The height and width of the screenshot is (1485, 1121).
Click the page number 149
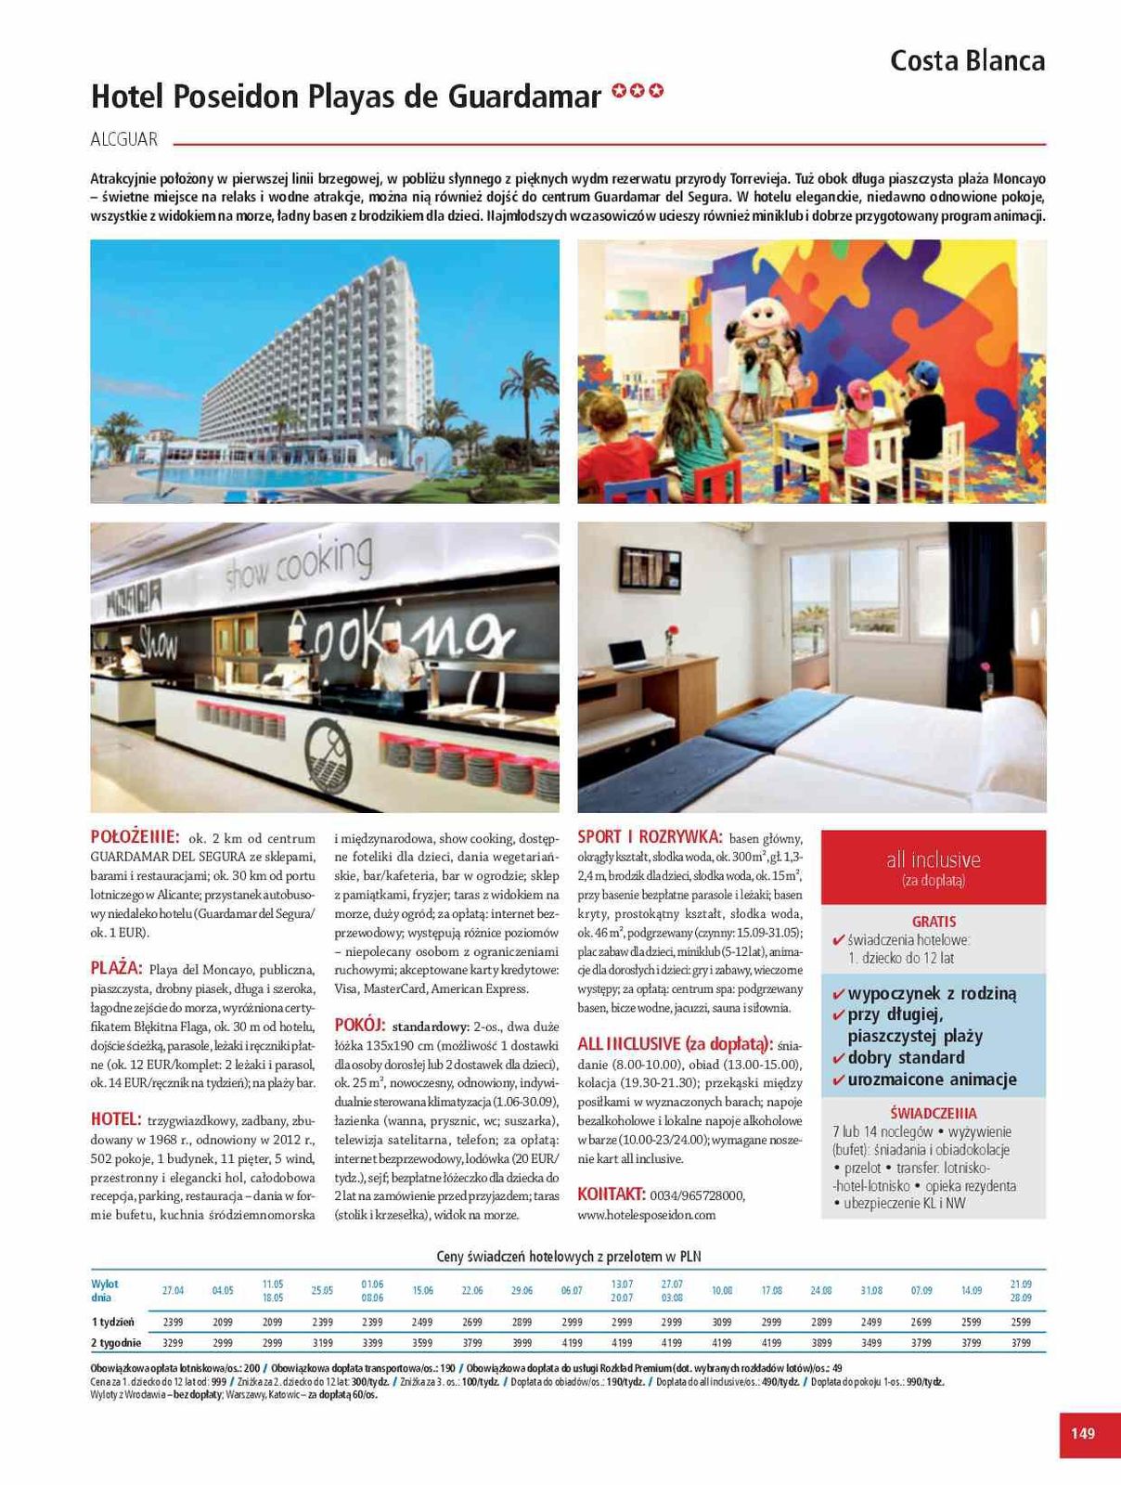tap(1082, 1433)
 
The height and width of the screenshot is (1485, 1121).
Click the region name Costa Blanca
tap(967, 61)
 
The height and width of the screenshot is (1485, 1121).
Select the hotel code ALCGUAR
tap(124, 139)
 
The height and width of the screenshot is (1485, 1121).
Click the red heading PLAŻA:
tap(116, 968)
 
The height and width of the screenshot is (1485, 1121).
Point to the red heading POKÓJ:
tap(359, 1026)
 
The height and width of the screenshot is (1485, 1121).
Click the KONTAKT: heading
tap(611, 1194)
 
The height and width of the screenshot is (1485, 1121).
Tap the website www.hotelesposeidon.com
tap(647, 1214)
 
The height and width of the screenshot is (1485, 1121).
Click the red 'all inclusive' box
tap(933, 867)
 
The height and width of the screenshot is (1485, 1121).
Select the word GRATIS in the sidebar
tap(934, 922)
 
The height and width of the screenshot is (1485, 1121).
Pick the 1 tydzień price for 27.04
tap(174, 1322)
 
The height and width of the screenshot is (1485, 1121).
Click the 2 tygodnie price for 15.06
tap(422, 1342)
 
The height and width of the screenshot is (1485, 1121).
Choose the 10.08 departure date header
tap(721, 1291)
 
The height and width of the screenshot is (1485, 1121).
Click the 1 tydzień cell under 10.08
tap(721, 1322)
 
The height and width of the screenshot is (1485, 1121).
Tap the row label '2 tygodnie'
tap(116, 1342)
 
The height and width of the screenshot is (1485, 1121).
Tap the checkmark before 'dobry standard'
tap(838, 1058)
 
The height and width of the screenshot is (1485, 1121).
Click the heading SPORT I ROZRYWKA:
tap(650, 836)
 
